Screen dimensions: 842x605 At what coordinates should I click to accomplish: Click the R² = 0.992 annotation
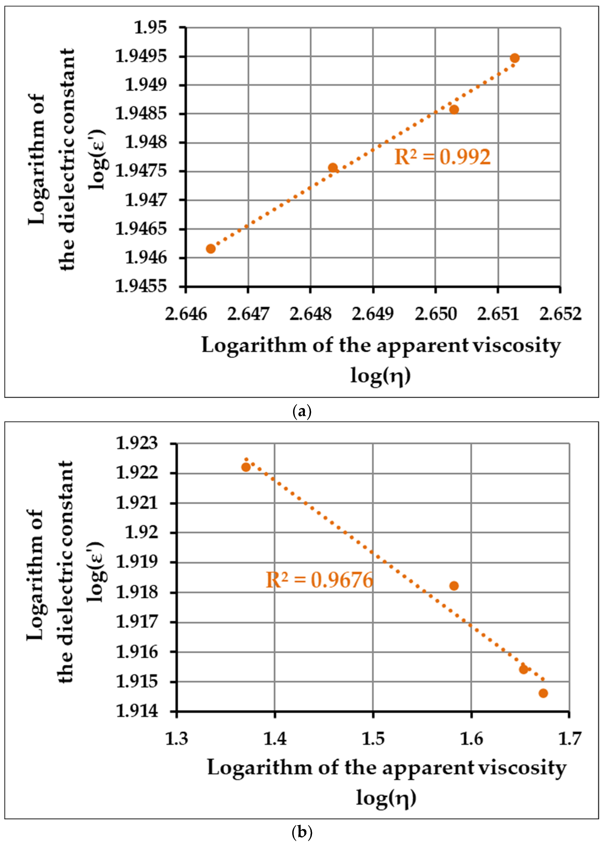pyautogui.click(x=442, y=157)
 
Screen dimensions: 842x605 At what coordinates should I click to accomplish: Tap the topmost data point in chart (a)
pyautogui.click(x=514, y=58)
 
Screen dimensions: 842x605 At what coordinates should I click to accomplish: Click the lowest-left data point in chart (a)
pyautogui.click(x=210, y=248)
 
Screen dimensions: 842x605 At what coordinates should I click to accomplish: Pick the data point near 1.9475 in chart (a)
pyautogui.click(x=333, y=168)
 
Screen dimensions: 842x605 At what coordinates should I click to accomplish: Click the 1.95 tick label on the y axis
pyautogui.click(x=150, y=28)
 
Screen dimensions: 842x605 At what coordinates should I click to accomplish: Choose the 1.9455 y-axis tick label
pyautogui.click(x=141, y=286)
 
